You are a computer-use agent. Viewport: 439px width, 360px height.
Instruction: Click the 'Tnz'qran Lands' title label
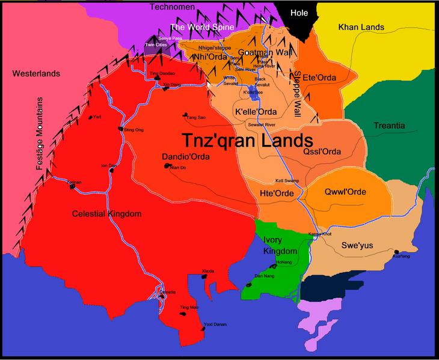coord(247,140)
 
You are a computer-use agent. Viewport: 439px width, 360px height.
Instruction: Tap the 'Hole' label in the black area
coord(299,13)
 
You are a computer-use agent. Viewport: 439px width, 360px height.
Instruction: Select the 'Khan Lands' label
coord(361,27)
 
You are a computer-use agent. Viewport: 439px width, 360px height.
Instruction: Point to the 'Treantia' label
coord(389,126)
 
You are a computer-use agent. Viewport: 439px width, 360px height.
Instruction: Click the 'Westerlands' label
coord(36,73)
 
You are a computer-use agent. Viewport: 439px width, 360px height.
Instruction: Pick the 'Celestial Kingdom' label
coord(106,214)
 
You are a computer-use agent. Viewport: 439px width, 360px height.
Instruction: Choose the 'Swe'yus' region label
coord(357,245)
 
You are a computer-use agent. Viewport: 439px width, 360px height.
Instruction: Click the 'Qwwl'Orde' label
coord(345,192)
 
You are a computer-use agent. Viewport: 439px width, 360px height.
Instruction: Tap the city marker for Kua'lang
coord(397,252)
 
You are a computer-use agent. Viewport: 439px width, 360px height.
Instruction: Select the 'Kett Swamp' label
coord(286,180)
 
